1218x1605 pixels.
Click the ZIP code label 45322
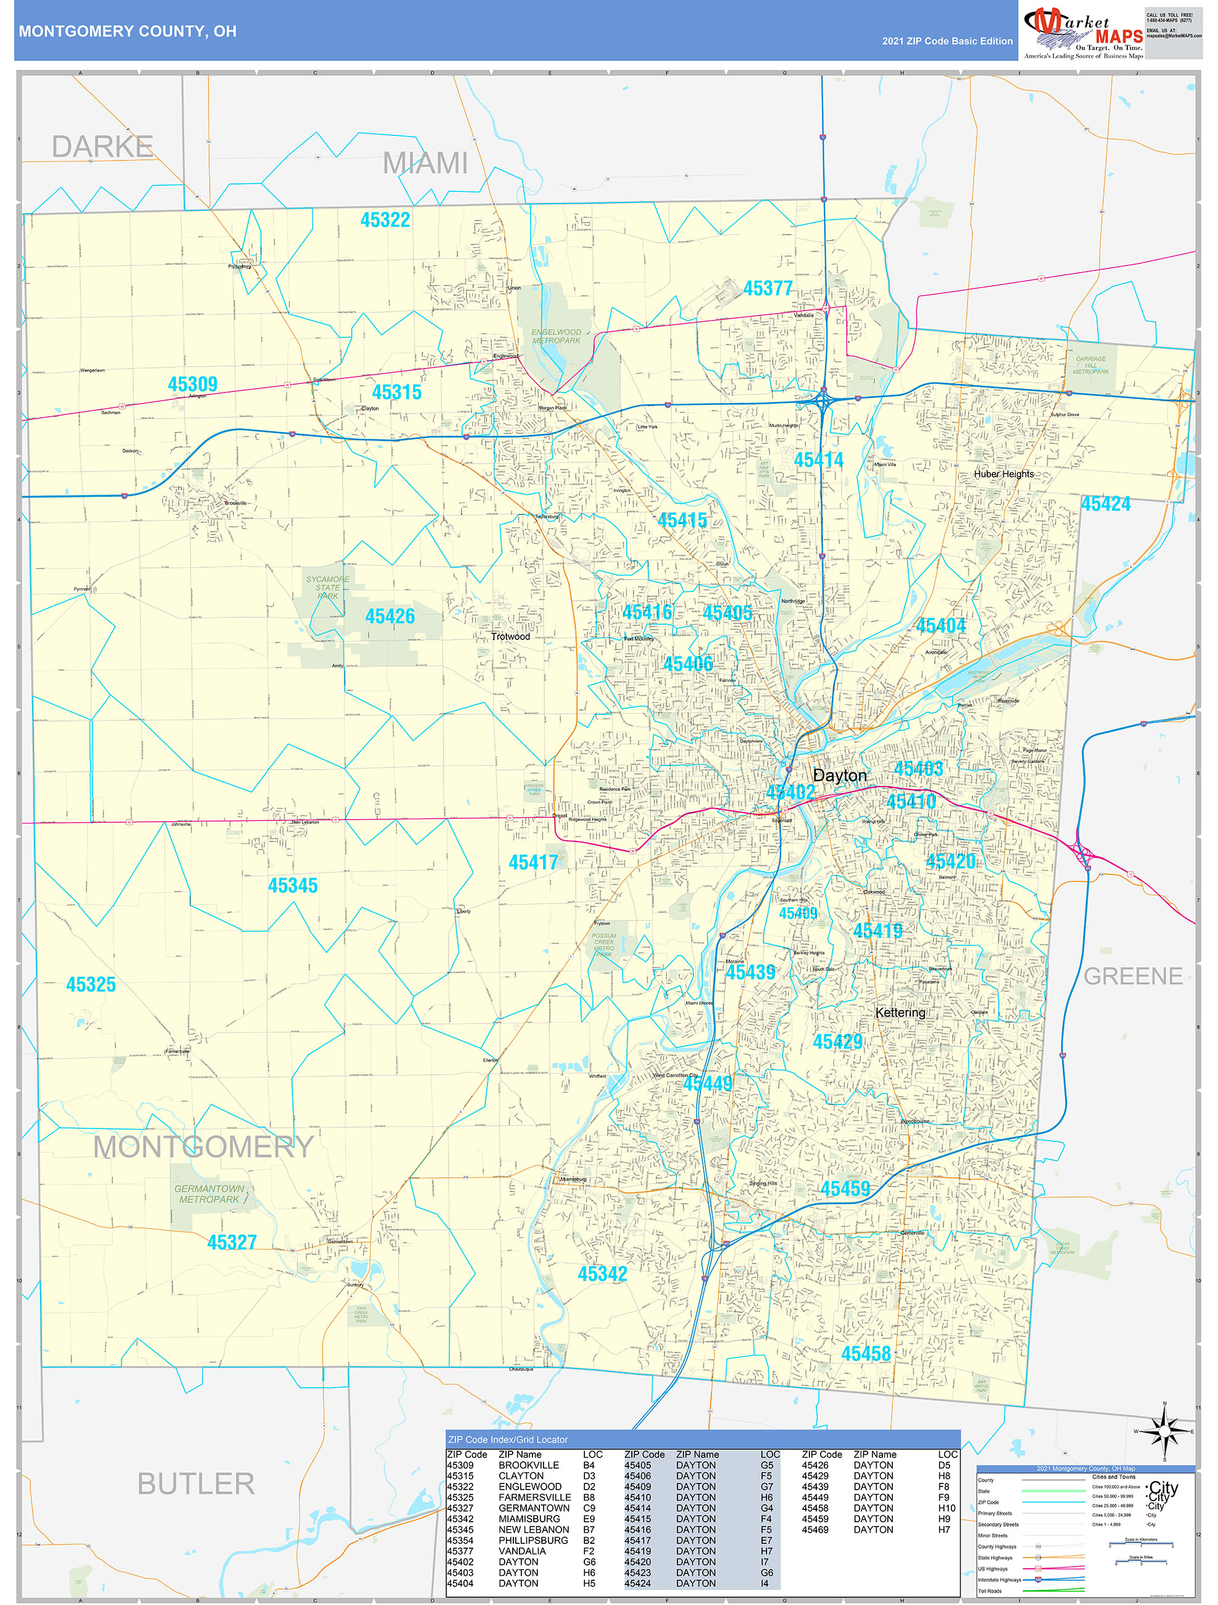(385, 220)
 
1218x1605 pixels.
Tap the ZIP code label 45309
(193, 384)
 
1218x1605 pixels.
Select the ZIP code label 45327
(232, 1242)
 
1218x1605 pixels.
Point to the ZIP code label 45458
(866, 1353)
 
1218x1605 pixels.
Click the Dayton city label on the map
(839, 776)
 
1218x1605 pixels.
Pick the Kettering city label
(900, 1012)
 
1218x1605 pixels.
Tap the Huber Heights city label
(1004, 474)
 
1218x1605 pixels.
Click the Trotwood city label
(510, 636)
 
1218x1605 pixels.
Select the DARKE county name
(102, 146)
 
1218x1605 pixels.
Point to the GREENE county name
(1132, 976)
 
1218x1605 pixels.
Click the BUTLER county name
(196, 1484)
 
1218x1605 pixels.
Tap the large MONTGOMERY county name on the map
(203, 1147)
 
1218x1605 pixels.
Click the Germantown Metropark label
(209, 1194)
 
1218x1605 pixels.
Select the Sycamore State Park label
(327, 587)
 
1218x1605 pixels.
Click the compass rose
(1164, 1431)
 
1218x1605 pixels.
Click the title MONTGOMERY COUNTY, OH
(128, 31)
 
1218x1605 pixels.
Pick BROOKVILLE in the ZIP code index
(529, 1465)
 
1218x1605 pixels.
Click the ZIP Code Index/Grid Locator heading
(508, 1440)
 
